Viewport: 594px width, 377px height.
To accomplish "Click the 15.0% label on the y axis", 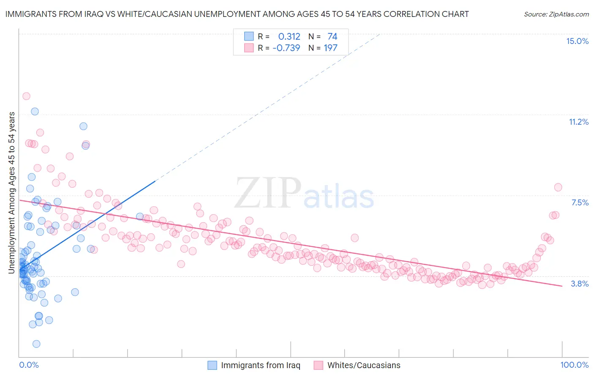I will [x=577, y=41].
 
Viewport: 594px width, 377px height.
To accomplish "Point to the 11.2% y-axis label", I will [x=578, y=122].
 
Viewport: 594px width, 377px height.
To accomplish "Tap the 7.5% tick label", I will [x=580, y=202].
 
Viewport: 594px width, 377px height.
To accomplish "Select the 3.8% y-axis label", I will [x=580, y=284].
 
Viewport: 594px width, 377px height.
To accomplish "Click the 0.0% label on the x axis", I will [x=29, y=365].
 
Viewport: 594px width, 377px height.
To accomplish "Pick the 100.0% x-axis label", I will [x=574, y=365].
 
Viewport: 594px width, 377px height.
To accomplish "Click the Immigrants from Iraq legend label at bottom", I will [x=260, y=365].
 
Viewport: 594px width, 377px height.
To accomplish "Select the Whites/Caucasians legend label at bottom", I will [x=364, y=365].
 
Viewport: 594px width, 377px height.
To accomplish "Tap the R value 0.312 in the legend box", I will [x=289, y=37].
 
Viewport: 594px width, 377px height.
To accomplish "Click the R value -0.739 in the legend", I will [x=286, y=48].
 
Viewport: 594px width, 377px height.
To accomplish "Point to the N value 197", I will [x=330, y=48].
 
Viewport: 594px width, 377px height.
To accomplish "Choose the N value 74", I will [x=332, y=37].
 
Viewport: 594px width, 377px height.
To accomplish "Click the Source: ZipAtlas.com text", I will [x=556, y=14].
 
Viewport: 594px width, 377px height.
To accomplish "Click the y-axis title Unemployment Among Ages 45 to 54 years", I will [x=12, y=192].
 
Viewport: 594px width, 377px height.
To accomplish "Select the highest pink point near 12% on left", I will [x=26, y=96].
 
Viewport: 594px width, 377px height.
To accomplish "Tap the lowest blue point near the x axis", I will [x=36, y=344].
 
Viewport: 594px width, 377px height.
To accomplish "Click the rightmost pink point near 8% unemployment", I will [x=558, y=187].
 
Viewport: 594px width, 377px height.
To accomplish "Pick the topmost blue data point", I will [x=35, y=112].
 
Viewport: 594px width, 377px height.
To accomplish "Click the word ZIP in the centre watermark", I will [x=268, y=193].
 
